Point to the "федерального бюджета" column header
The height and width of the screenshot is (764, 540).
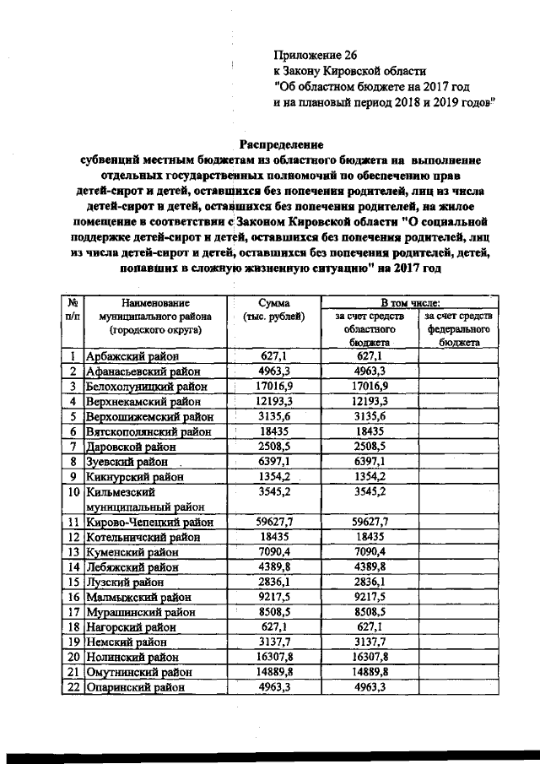pyautogui.click(x=459, y=329)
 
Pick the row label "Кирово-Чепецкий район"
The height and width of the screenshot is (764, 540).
pyautogui.click(x=149, y=523)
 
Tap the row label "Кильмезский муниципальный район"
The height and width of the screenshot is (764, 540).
pyautogui.click(x=143, y=498)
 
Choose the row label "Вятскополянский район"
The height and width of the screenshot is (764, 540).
pyautogui.click(x=148, y=431)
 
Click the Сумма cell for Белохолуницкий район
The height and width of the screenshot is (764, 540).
pyautogui.click(x=276, y=386)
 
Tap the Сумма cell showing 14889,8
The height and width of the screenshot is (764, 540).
pyautogui.click(x=276, y=671)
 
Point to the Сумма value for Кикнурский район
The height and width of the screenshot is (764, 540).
pyautogui.click(x=276, y=476)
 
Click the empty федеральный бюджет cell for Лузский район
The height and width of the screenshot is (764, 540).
pyautogui.click(x=459, y=581)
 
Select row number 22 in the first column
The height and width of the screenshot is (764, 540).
pyautogui.click(x=73, y=688)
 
